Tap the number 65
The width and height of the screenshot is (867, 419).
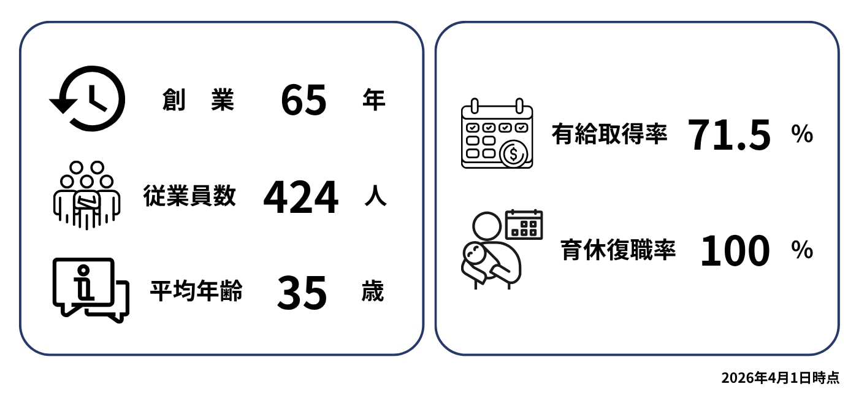click(x=304, y=100)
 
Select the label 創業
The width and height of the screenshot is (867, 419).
click(x=198, y=99)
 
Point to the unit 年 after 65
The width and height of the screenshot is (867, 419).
click(x=374, y=99)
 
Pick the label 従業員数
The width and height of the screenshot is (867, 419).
click(x=189, y=195)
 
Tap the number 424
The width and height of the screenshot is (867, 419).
click(x=300, y=197)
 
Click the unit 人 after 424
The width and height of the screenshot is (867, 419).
click(x=375, y=196)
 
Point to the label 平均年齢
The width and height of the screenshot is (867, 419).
click(x=196, y=291)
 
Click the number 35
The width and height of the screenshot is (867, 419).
click(x=302, y=293)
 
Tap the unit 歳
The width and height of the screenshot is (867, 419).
click(x=373, y=291)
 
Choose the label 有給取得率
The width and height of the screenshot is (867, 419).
click(x=609, y=134)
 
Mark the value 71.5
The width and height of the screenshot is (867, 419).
click(x=729, y=135)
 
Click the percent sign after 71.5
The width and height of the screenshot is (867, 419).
click(x=802, y=134)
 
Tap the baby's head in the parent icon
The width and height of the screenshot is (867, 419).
click(x=475, y=253)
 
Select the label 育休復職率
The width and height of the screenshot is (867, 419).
click(x=618, y=250)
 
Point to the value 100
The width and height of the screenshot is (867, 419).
click(x=735, y=250)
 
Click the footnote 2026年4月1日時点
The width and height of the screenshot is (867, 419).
click(x=781, y=377)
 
